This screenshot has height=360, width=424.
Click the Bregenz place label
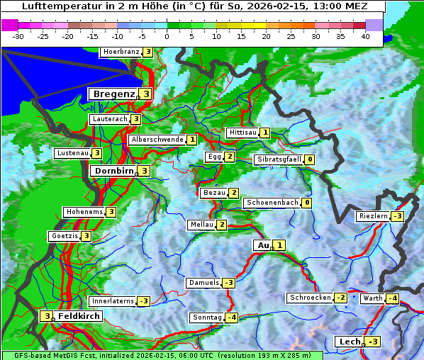click(x=112, y=94)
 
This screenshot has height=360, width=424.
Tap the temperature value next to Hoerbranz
click(x=147, y=52)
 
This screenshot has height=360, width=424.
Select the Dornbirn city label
click(x=112, y=171)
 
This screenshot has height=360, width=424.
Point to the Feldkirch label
click(x=79, y=315)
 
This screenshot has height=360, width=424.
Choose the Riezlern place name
click(x=373, y=216)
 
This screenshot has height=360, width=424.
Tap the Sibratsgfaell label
click(x=279, y=159)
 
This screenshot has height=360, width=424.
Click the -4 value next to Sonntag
click(x=232, y=317)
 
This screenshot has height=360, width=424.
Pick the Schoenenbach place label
click(x=272, y=203)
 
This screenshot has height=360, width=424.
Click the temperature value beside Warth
click(x=392, y=298)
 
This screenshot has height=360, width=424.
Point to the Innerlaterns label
click(x=113, y=301)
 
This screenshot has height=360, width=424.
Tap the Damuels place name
click(x=203, y=283)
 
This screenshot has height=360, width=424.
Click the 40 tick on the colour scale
click(x=365, y=36)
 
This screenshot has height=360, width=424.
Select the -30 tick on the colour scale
click(x=18, y=36)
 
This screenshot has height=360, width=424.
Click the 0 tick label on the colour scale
click(x=167, y=36)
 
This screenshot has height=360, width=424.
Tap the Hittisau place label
click(x=242, y=133)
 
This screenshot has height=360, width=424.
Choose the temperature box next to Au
click(x=279, y=245)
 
